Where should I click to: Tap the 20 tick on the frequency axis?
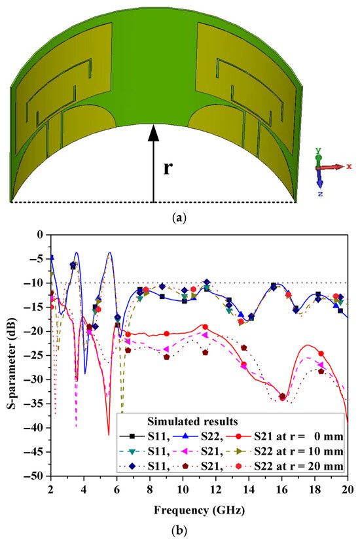click(x=347, y=487)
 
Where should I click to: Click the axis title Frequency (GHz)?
click(x=199, y=508)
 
